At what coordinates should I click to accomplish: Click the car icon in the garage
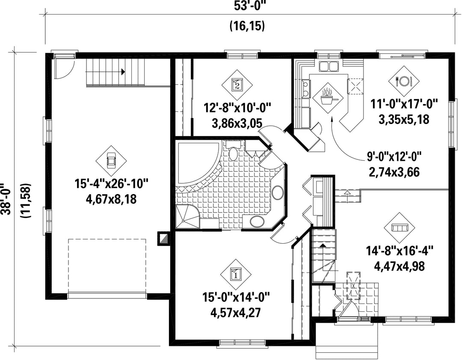[x=111, y=161]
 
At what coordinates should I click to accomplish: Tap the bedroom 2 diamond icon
[x=237, y=85]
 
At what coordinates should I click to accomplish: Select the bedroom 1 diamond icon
[x=236, y=274]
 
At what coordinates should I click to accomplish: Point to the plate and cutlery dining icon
[x=404, y=80]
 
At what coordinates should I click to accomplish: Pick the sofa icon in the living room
[x=399, y=227]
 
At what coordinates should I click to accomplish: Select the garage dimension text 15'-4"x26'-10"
[x=111, y=184]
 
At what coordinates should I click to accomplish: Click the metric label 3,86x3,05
[x=237, y=124]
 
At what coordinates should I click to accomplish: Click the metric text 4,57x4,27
[x=236, y=312]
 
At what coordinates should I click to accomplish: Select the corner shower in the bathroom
[x=187, y=217]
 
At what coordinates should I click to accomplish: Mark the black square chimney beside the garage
[x=163, y=239]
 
